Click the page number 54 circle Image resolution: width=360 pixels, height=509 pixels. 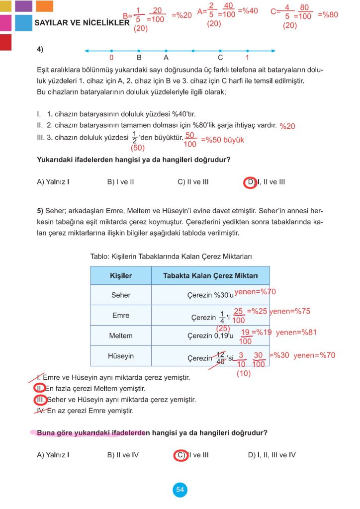pyautogui.click(x=180, y=490)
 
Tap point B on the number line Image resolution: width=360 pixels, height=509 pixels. pyautogui.click(x=139, y=51)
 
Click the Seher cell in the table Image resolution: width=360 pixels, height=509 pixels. pyautogui.click(x=121, y=295)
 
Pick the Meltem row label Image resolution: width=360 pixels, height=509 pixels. pyautogui.click(x=121, y=336)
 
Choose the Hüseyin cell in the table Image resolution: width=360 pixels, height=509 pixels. pyautogui.click(x=121, y=356)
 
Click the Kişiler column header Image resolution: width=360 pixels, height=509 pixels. pyautogui.click(x=121, y=275)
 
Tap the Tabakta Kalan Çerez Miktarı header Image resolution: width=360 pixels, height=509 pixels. pyautogui.click(x=210, y=275)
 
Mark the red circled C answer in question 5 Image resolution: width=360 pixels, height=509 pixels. pyautogui.click(x=180, y=455)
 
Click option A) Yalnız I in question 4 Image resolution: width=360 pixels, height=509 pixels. pyautogui.click(x=53, y=182)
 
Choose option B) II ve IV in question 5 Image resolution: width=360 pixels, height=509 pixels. pyautogui.click(x=123, y=455)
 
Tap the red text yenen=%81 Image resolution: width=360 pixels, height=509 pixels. pyautogui.click(x=296, y=333)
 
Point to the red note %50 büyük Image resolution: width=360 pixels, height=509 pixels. pyautogui.click(x=222, y=140)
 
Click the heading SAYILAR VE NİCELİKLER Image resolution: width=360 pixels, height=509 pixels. pyautogui.click(x=82, y=23)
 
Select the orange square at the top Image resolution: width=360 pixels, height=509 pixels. pyautogui.click(x=45, y=6)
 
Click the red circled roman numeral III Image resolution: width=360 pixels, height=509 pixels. pyautogui.click(x=40, y=400)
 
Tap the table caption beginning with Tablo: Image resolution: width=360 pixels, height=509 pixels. pyautogui.click(x=171, y=256)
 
